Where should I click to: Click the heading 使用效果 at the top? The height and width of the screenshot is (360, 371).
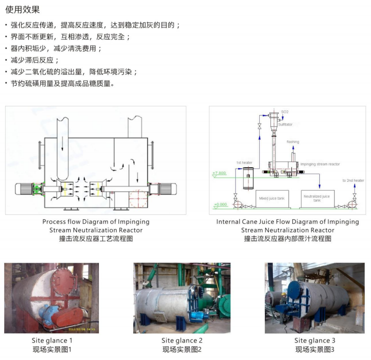pyautogui.click(x=22, y=10)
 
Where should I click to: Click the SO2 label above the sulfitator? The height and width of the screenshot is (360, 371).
pyautogui.click(x=284, y=112)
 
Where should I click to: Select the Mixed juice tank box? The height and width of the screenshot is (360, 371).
pyautogui.click(x=272, y=198)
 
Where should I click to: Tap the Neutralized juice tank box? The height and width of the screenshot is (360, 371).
pyautogui.click(x=316, y=198)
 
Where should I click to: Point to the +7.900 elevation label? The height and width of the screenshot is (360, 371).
pyautogui.click(x=219, y=173)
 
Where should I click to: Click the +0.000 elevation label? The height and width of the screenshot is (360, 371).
pyautogui.click(x=220, y=204)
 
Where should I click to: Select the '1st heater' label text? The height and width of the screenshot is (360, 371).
pyautogui.click(x=244, y=163)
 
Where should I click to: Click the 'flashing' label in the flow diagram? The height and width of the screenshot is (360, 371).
pyautogui.click(x=293, y=142)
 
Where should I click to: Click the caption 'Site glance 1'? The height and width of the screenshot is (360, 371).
pyautogui.click(x=52, y=340)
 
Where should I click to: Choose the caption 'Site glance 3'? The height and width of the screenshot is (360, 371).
pyautogui.click(x=315, y=340)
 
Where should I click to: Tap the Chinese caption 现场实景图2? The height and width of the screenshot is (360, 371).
pyautogui.click(x=182, y=349)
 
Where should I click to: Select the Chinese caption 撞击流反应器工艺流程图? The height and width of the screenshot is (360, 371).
pyautogui.click(x=96, y=239)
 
